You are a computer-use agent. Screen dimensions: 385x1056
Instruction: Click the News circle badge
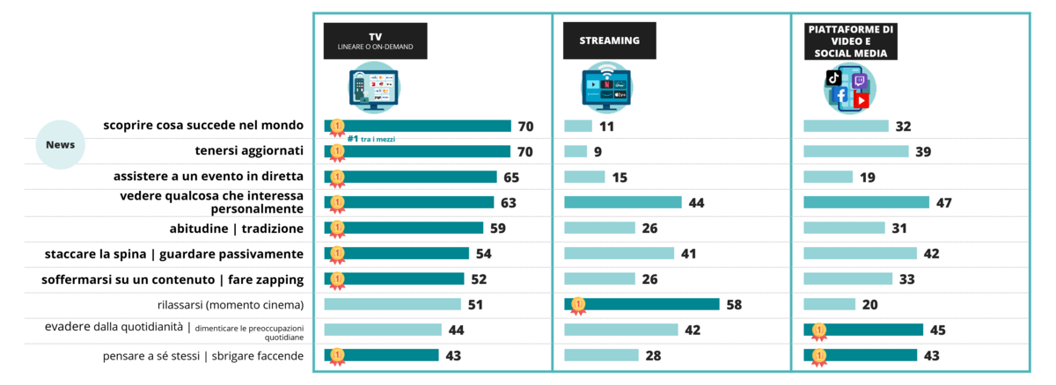[x=60, y=145]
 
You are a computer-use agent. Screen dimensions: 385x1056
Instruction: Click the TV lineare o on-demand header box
[x=375, y=40]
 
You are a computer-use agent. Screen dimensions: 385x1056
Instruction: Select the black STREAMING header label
[x=609, y=40]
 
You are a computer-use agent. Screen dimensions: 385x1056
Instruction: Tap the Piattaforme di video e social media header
[x=851, y=41]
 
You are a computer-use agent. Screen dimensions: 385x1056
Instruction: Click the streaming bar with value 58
[x=642, y=304]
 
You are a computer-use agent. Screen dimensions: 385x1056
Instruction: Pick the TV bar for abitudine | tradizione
[x=404, y=229]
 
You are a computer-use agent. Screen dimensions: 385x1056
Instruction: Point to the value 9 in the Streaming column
[x=598, y=152]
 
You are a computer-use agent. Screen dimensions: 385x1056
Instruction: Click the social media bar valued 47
[x=866, y=203]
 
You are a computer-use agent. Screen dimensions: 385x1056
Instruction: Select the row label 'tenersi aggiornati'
[x=249, y=151]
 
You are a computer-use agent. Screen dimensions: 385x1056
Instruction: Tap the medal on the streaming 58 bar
[x=578, y=305]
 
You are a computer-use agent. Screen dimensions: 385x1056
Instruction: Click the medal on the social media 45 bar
[x=818, y=331]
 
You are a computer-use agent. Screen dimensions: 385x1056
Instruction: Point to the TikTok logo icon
[x=833, y=78]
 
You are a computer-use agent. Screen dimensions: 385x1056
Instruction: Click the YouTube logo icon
[x=861, y=100]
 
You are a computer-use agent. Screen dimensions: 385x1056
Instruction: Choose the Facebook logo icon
[x=840, y=95]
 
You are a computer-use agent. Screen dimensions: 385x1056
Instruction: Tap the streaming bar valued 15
[x=584, y=178]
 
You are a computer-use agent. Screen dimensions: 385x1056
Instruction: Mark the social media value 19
[x=867, y=178]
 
